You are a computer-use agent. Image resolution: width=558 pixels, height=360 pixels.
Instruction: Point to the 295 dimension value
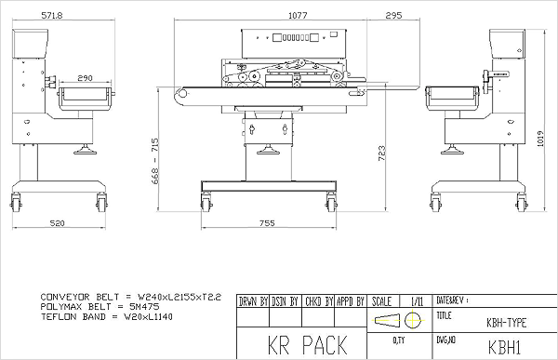coord(392,15)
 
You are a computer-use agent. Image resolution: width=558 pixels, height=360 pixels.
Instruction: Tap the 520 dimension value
coord(58,224)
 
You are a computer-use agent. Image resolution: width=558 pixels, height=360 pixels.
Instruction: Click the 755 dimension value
coord(267,224)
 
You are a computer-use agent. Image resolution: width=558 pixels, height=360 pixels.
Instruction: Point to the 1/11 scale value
coord(416,302)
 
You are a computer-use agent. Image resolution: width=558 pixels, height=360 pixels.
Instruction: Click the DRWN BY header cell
coord(252,302)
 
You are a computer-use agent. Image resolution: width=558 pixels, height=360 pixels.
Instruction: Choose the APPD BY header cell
coord(351,302)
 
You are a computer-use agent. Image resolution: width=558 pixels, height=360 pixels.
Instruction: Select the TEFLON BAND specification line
coord(106,316)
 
